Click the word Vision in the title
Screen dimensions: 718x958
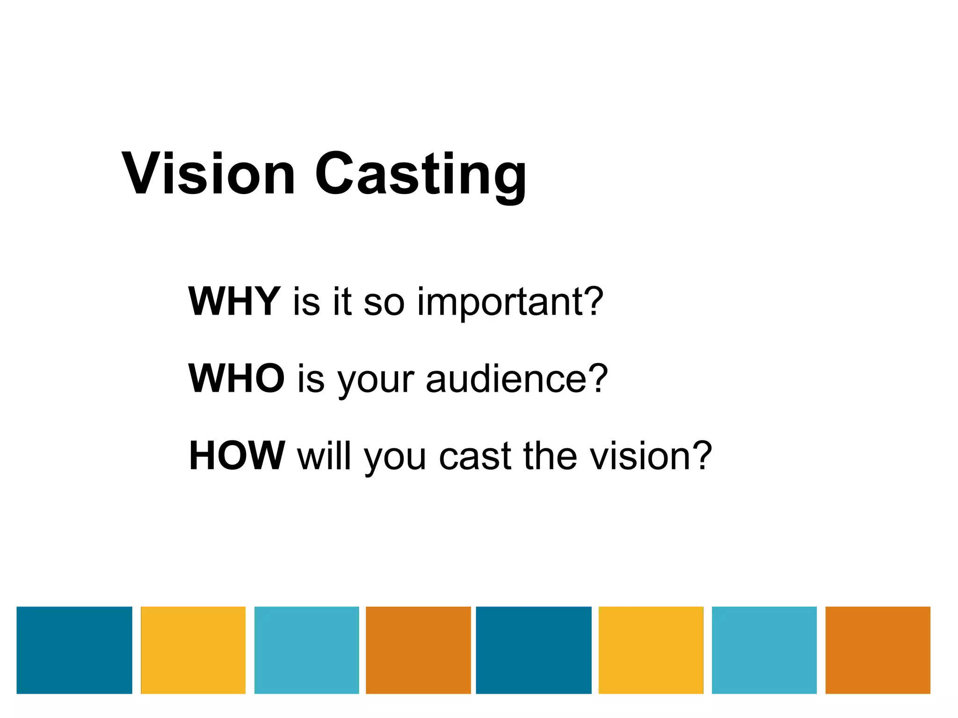pos(209,174)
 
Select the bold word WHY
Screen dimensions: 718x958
pos(234,302)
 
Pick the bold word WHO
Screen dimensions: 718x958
pos(236,378)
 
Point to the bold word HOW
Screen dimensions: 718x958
pos(237,455)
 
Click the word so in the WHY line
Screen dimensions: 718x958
pos(384,303)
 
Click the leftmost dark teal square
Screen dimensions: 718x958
pos(74,650)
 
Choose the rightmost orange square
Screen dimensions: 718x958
pos(878,650)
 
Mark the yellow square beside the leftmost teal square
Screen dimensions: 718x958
pos(193,650)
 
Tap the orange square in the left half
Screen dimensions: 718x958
pos(418,650)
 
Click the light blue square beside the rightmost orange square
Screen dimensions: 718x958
pos(764,650)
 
